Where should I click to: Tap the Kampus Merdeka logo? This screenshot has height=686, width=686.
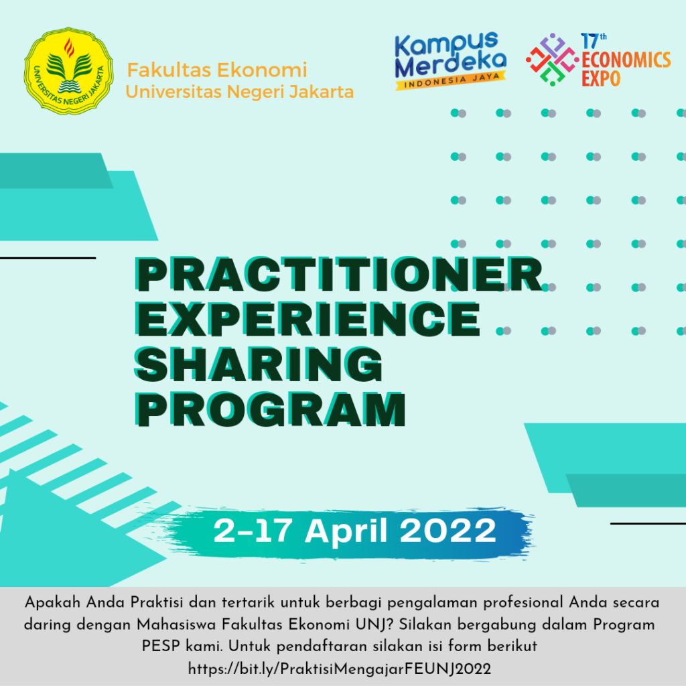450,57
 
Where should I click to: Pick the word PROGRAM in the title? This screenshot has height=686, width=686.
275,408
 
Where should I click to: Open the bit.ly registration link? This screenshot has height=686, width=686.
340,669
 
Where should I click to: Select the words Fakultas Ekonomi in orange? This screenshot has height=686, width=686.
216,70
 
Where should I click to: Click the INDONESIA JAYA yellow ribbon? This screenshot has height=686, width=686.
450,83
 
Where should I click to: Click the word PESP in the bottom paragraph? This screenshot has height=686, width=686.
159,646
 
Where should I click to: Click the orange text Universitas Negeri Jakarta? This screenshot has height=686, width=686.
239,91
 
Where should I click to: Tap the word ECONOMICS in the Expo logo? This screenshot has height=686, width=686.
626,60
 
